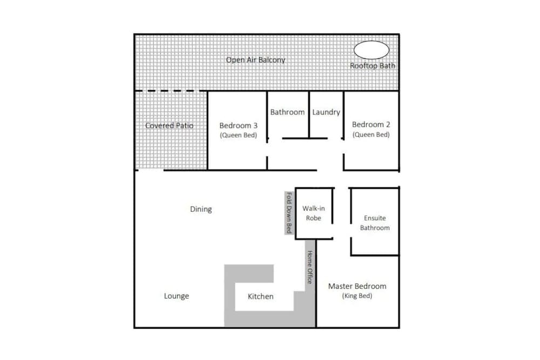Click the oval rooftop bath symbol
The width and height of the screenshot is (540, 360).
tap(372, 50)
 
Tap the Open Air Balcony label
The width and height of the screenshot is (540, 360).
tap(255, 60)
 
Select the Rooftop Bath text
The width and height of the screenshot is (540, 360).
tap(372, 66)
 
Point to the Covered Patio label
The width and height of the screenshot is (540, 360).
tap(169, 126)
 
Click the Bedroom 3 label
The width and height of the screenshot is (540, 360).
tap(238, 126)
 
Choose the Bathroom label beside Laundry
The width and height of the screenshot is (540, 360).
tap(287, 112)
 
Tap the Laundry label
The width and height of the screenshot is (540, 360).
tap(326, 112)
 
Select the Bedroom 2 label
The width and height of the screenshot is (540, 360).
tap(371, 125)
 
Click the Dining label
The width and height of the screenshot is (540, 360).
tap(201, 209)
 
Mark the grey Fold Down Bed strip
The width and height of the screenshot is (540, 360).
tap(289, 213)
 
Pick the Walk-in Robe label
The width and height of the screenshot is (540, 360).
tap(313, 213)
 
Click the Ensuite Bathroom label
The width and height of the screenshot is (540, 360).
tap(375, 223)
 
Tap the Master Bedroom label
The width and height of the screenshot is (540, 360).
tap(357, 286)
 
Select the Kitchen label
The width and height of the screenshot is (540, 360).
tap(260, 296)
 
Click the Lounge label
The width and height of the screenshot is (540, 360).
tap(177, 296)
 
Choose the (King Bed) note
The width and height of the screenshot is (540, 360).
tap(357, 296)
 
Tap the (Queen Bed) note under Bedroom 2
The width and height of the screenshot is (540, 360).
tap(371, 135)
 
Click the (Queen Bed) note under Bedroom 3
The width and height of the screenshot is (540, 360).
tap(238, 135)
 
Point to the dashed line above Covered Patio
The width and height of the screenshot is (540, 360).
tap(171, 91)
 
